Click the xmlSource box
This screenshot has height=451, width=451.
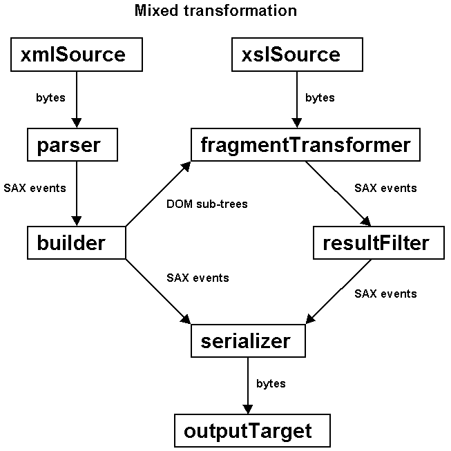[x=77, y=55]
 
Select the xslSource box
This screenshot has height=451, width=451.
[x=297, y=55]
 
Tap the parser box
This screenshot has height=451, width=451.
[x=73, y=144]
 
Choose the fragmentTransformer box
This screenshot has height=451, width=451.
[x=305, y=144]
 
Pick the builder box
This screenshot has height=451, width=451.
[x=77, y=242]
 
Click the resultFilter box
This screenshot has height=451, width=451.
[x=378, y=242]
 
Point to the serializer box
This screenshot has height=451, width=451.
[x=248, y=340]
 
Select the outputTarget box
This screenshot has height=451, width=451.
[x=252, y=430]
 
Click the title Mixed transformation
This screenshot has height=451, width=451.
[x=215, y=10]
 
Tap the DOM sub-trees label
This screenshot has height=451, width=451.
[x=207, y=204]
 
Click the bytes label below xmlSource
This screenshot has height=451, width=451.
[x=50, y=98]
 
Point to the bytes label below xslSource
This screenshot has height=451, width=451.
[x=320, y=98]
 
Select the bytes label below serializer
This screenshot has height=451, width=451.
[x=271, y=384]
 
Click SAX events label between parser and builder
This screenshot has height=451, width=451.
[x=35, y=188]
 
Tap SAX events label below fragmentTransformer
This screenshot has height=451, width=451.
[x=385, y=188]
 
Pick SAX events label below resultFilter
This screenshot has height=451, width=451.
[x=385, y=294]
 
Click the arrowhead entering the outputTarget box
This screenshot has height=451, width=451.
[x=248, y=410]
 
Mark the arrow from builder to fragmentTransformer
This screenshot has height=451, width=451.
[x=158, y=194]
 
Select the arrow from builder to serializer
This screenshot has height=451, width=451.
[x=158, y=291]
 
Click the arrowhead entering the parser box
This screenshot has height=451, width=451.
[x=77, y=123]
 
